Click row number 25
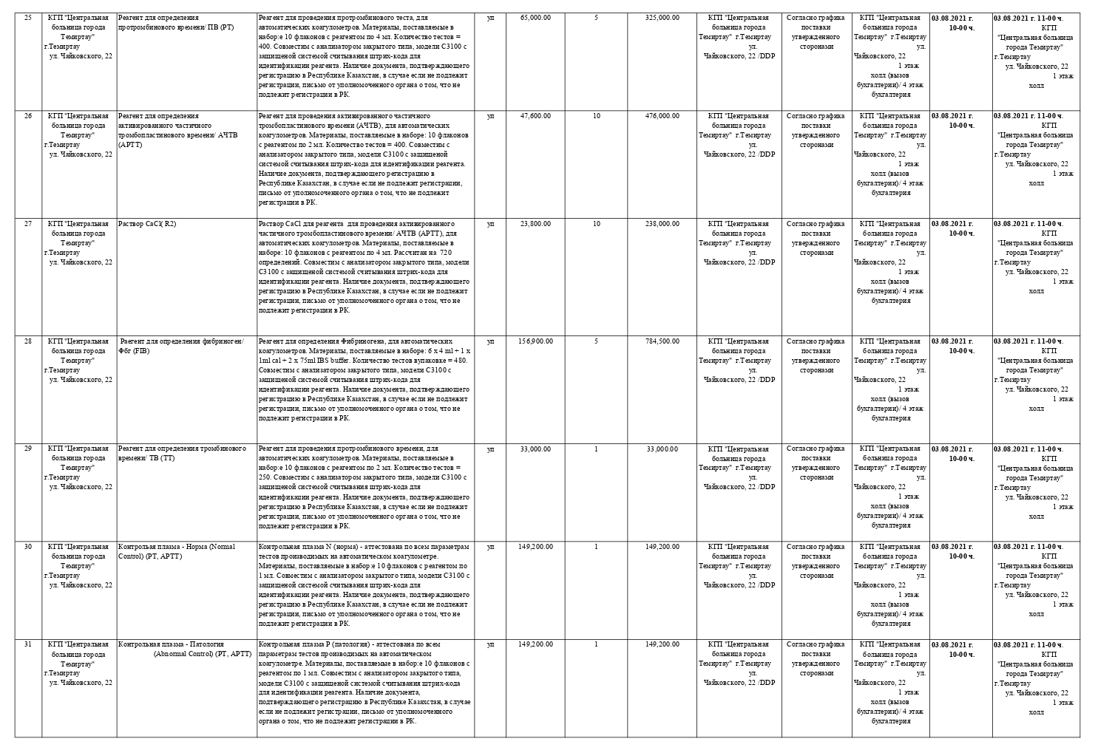point(28,17)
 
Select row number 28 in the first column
point(28,341)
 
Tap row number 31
point(28,644)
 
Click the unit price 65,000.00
point(535,17)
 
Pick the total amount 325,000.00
point(662,17)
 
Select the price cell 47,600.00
point(535,116)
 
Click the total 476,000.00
point(662,116)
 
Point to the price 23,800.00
point(535,223)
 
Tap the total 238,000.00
point(662,223)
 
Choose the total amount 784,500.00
point(662,341)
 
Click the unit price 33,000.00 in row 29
point(535,449)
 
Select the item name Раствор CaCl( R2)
point(147,223)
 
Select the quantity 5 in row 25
point(596,17)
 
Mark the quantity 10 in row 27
point(596,223)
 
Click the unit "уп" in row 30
point(490,547)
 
